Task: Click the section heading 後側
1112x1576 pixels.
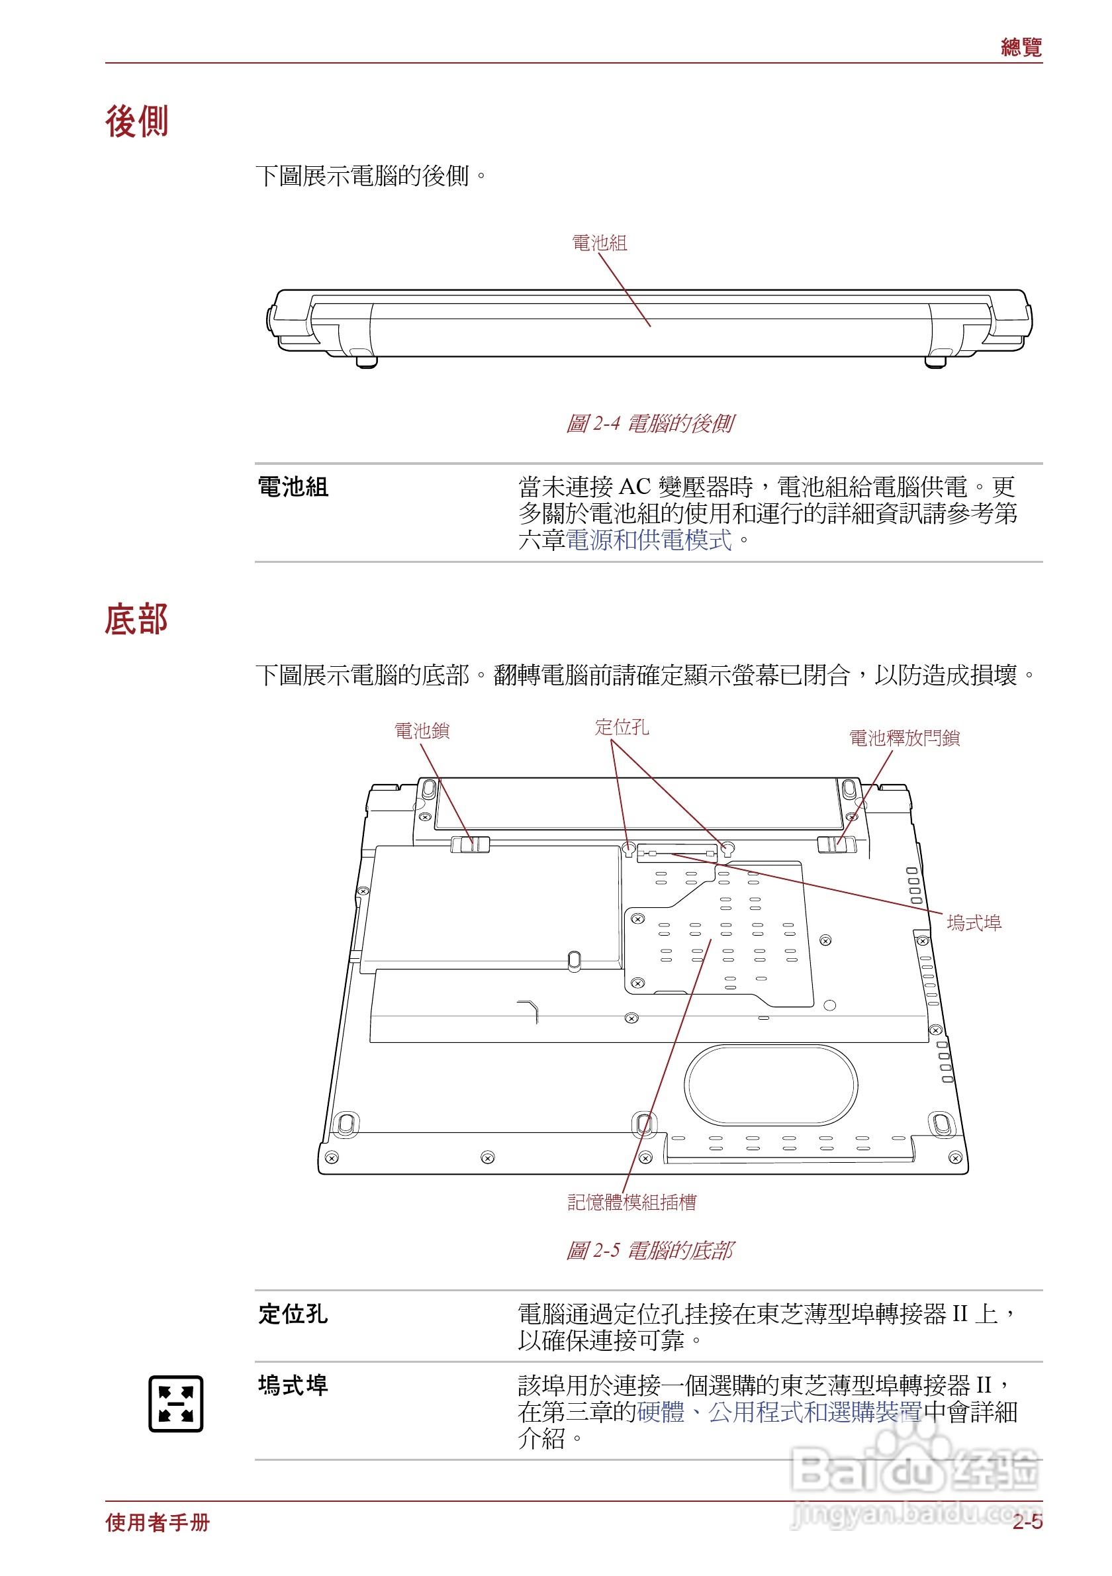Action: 136,123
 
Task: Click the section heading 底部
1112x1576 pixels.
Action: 136,619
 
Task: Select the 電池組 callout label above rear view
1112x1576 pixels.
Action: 599,243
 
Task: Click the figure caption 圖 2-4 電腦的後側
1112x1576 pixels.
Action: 649,424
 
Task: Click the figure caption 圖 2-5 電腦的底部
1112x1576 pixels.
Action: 649,1250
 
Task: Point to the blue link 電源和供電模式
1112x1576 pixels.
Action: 648,540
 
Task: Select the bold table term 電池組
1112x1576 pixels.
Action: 293,487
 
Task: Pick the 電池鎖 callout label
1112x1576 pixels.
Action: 421,730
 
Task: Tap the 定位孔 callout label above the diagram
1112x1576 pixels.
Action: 622,726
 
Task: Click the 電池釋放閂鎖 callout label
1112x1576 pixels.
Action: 903,738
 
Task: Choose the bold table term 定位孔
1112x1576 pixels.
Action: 293,1314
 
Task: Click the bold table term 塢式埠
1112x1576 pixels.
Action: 293,1385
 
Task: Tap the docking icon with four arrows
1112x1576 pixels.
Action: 175,1404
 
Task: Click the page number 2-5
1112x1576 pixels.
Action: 1026,1522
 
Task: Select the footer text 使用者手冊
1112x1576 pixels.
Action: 158,1522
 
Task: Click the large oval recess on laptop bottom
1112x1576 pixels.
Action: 770,1085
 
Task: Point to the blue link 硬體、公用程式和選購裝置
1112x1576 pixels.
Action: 779,1412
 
